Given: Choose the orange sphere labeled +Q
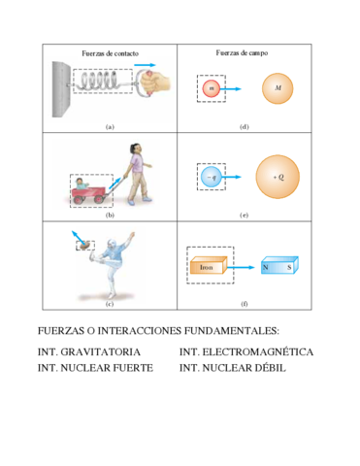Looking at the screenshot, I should [278, 176].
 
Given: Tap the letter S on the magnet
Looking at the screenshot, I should [288, 264].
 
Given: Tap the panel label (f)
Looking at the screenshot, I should [244, 303].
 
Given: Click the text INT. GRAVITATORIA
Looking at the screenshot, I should [89, 351].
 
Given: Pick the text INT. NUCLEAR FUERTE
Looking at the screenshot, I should [95, 369].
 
